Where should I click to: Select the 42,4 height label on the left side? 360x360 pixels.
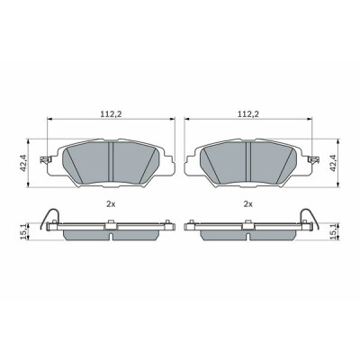click(x=23, y=163)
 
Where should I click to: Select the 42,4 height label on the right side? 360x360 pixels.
click(x=333, y=163)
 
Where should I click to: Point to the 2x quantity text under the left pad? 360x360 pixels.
click(x=111, y=204)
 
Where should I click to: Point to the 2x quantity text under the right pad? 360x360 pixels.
click(x=248, y=204)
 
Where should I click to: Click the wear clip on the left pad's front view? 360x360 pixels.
click(x=44, y=160)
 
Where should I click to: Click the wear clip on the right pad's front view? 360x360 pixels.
click(x=314, y=160)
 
